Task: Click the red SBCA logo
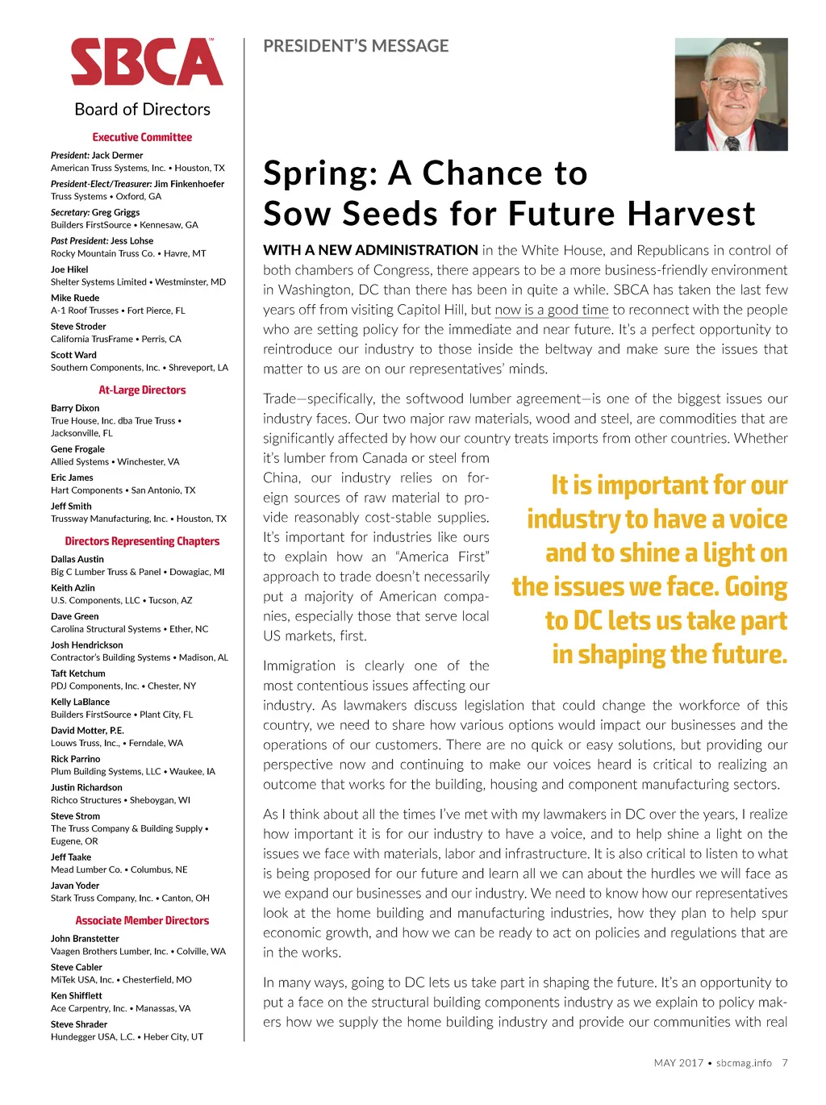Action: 147,62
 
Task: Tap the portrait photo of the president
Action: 731,94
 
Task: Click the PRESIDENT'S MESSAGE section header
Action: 356,46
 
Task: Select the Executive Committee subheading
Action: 142,137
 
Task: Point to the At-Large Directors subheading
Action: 142,390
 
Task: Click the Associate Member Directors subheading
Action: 142,920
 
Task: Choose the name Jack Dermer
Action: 117,155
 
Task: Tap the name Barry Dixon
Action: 75,408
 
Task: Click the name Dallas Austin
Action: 77,559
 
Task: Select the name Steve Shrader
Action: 79,1024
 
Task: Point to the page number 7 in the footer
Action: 785,1063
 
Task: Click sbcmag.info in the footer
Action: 744,1063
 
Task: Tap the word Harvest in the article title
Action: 691,214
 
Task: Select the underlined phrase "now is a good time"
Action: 551,310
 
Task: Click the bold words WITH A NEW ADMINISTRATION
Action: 370,250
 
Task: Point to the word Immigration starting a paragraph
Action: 298,665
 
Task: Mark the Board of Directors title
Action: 142,109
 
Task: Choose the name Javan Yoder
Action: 75,885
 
